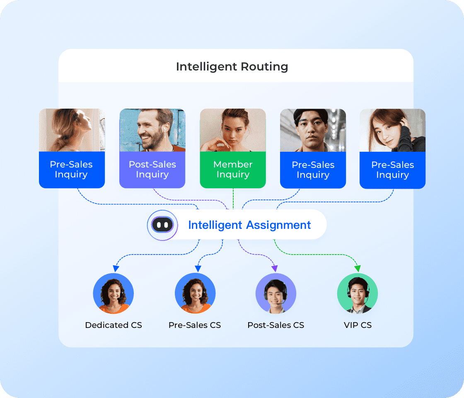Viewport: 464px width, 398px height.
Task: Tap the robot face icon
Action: tap(162, 225)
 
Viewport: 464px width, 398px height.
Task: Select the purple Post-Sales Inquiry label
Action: tap(152, 170)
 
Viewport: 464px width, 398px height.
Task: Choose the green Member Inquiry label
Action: tap(233, 170)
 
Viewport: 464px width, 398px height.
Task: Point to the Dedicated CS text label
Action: tap(114, 325)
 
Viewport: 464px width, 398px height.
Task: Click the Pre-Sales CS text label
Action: tap(195, 325)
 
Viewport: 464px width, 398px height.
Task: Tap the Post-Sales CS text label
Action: tap(275, 325)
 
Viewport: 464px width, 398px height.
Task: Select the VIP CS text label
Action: tap(358, 325)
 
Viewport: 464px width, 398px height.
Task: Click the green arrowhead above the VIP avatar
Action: tap(358, 269)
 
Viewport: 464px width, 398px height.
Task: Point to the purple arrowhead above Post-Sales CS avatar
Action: tap(274, 269)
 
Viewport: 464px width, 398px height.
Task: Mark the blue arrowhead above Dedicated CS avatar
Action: tap(116, 269)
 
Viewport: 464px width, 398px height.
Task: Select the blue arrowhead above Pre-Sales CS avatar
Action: tap(198, 269)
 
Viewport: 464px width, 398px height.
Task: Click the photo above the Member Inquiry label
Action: tap(233, 130)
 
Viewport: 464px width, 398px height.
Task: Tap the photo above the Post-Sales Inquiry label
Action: tap(152, 130)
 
